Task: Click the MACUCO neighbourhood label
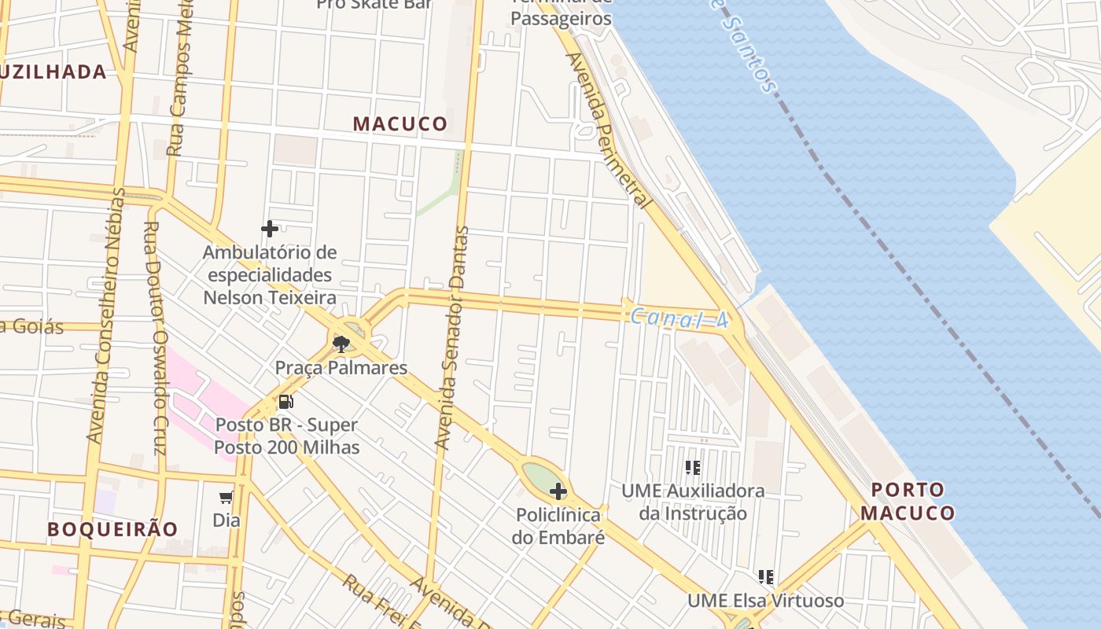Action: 400,123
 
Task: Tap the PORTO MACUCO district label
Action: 908,502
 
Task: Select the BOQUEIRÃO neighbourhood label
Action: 112,529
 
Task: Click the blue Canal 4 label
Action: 677,318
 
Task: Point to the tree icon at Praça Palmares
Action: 341,344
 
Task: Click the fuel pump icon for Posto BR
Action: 285,402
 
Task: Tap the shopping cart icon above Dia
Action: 226,497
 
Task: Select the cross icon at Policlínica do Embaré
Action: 558,492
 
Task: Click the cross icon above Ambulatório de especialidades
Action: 270,229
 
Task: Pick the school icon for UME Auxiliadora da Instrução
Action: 692,468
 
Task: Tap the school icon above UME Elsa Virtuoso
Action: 766,578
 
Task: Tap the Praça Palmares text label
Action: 341,367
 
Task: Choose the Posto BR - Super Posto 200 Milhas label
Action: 286,436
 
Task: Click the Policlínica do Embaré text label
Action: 558,526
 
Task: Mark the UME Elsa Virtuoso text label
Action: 765,601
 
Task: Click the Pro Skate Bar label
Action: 374,4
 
